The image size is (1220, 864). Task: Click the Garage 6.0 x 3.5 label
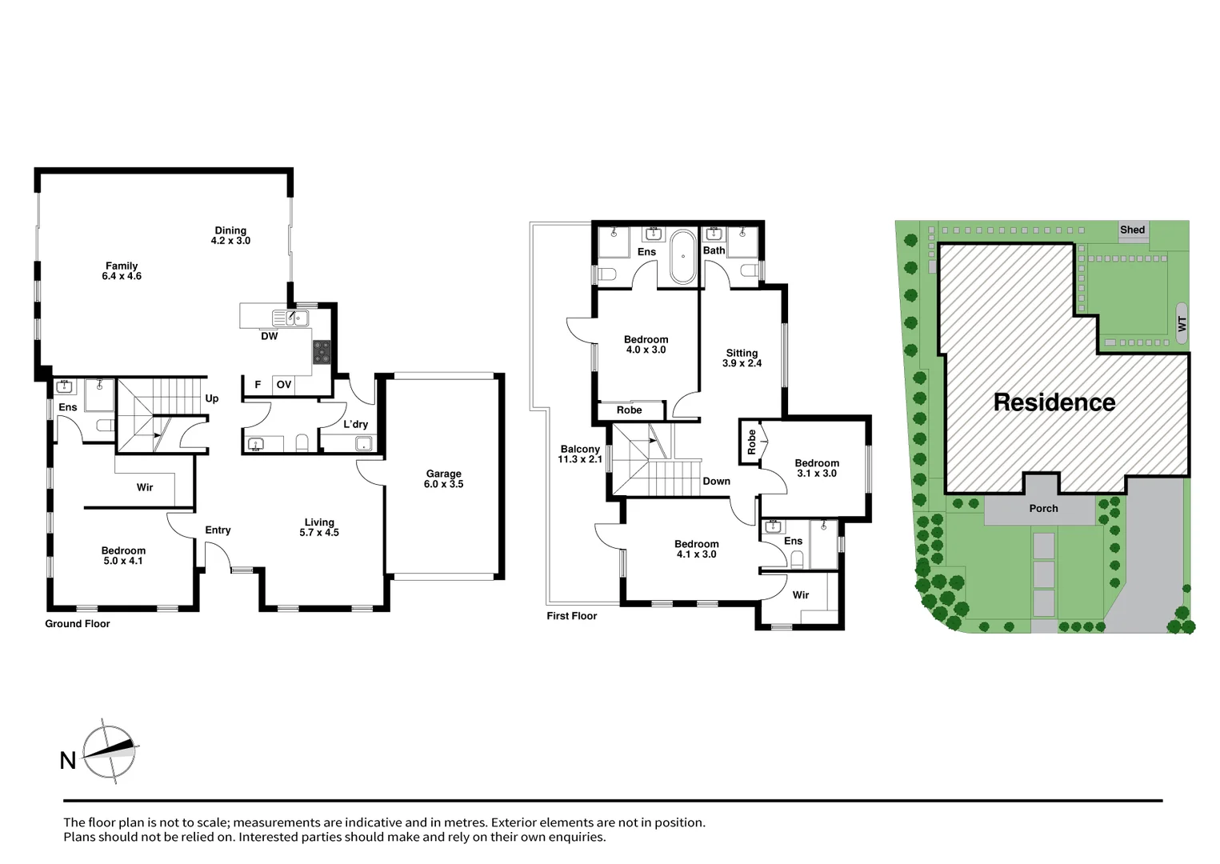tap(443, 478)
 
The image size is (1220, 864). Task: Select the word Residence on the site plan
tap(1054, 402)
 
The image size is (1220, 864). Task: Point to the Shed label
tap(1132, 230)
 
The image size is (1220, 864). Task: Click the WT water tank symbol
tap(1182, 324)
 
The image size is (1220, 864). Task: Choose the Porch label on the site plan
tap(1042, 508)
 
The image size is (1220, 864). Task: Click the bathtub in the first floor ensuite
tap(682, 257)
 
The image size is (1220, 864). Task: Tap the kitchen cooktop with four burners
tap(322, 352)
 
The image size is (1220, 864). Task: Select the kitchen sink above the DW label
tap(290, 318)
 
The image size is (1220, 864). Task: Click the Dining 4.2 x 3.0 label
tap(230, 235)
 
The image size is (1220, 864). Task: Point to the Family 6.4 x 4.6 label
tap(122, 271)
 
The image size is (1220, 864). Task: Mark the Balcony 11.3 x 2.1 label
tap(580, 454)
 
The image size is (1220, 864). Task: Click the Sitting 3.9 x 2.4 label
tap(742, 358)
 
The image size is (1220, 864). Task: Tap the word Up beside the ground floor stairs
tap(212, 398)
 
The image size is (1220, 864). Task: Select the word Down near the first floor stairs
tap(716, 481)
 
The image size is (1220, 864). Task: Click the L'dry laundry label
tap(355, 424)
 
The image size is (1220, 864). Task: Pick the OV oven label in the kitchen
tap(283, 385)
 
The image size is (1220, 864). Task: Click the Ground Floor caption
tap(78, 624)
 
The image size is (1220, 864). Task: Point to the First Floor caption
tap(571, 616)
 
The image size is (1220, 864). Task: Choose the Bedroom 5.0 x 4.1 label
tap(123, 555)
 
